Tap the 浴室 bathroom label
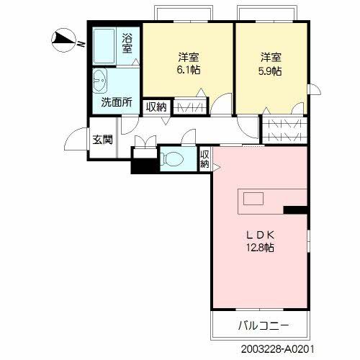pyautogui.click(x=127, y=43)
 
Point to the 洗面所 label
pyautogui.click(x=116, y=102)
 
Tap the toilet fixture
pyautogui.click(x=172, y=160)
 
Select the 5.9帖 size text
pyautogui.click(x=271, y=71)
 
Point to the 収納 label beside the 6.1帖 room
pyautogui.click(x=156, y=107)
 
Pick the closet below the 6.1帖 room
pyautogui.click(x=190, y=107)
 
